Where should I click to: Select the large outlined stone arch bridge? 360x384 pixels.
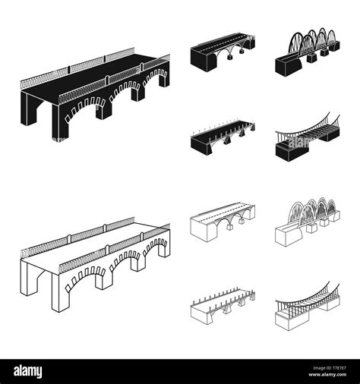pos(91,266)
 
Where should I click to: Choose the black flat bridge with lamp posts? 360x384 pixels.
pos(221,137)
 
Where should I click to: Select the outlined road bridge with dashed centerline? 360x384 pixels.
pos(221,219)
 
